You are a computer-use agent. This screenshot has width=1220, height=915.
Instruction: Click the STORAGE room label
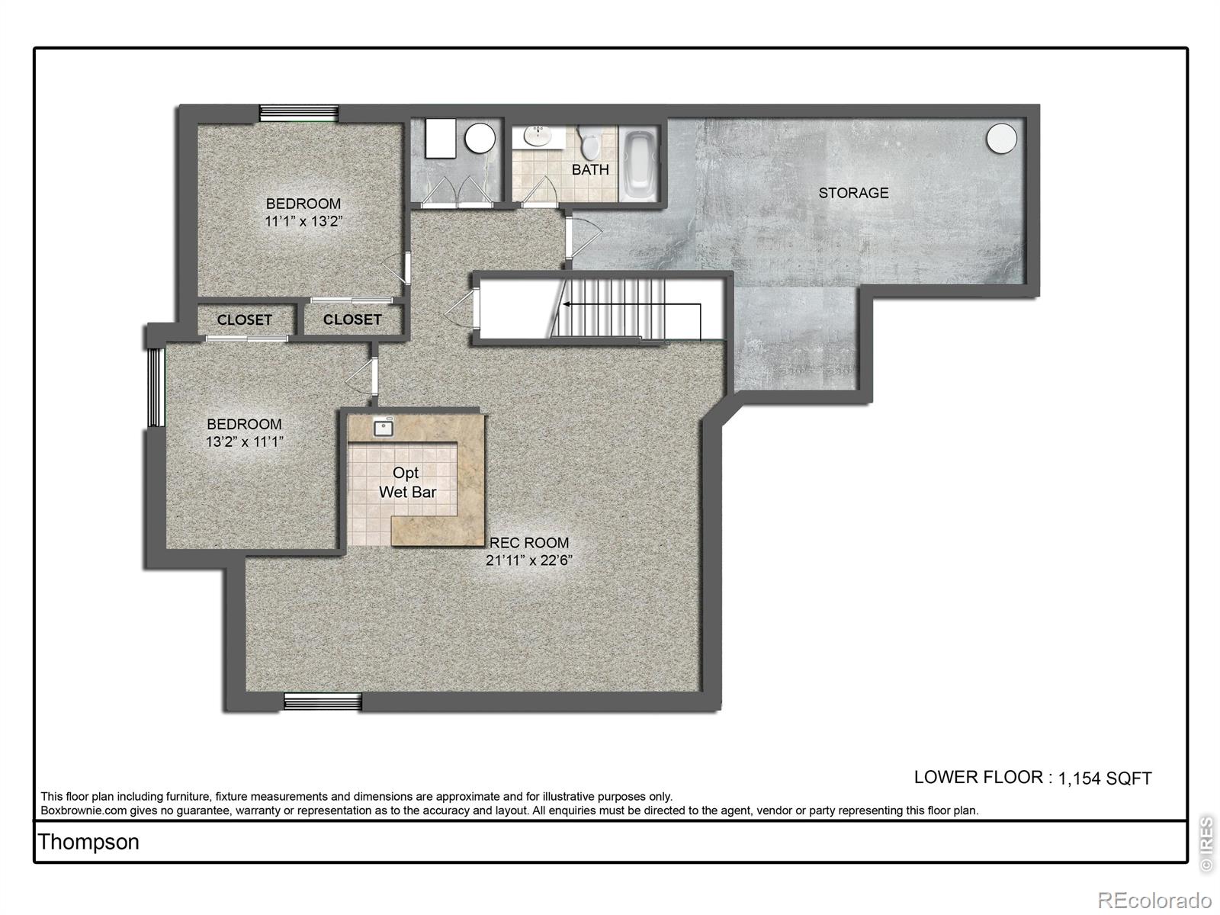[853, 193]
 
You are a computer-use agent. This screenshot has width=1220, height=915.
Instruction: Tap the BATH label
[590, 169]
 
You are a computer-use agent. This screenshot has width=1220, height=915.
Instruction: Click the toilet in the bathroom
[589, 141]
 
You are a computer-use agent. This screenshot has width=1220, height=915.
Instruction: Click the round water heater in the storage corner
[1001, 138]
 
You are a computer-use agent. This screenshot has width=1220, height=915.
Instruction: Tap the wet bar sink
[383, 428]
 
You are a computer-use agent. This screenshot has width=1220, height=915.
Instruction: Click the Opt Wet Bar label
[406, 483]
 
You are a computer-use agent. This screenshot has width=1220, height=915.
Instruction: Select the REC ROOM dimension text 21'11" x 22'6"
[528, 560]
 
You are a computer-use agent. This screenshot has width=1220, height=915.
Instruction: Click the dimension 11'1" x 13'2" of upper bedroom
[303, 222]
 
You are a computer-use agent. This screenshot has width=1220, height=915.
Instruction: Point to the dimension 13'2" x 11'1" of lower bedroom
[244, 441]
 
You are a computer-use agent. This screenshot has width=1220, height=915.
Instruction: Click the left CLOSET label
[244, 320]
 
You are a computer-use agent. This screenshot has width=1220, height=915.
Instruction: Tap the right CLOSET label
[352, 319]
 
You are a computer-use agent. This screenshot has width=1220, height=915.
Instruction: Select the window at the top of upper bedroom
[298, 113]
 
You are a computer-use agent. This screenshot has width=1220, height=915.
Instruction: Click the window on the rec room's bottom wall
[323, 701]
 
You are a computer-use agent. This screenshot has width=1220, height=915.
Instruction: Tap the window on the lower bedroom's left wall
[156, 387]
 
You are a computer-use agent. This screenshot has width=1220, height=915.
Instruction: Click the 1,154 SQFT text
[1105, 779]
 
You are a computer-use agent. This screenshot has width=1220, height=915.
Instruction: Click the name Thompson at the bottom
[88, 842]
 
